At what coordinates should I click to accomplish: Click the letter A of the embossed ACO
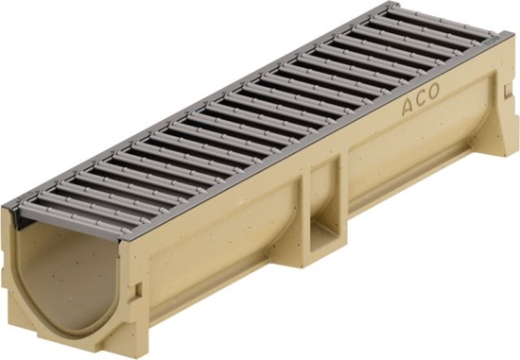tap(408, 107)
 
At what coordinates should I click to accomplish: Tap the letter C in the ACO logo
tap(421, 99)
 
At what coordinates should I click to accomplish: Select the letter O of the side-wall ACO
tap(433, 91)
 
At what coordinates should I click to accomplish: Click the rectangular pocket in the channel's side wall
tap(325, 213)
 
